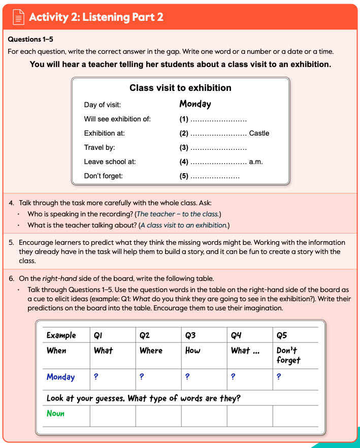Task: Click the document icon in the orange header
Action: (18, 17)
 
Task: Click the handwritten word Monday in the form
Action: (195, 104)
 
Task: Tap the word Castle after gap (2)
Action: (259, 134)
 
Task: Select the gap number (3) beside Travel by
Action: (184, 148)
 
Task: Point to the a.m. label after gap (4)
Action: (256, 162)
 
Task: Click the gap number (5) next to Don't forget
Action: (184, 176)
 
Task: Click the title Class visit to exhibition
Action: (180, 88)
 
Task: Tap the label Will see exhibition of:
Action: (117, 119)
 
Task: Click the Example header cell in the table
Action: (61, 335)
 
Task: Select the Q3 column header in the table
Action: (190, 335)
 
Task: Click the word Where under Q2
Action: (151, 350)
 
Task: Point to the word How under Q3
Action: (192, 350)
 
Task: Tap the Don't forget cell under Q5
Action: (288, 355)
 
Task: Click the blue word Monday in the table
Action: (60, 377)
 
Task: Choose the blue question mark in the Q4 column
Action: (233, 377)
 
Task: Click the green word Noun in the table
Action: (55, 413)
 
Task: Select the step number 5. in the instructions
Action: (11, 242)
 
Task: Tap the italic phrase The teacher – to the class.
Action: (178, 214)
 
